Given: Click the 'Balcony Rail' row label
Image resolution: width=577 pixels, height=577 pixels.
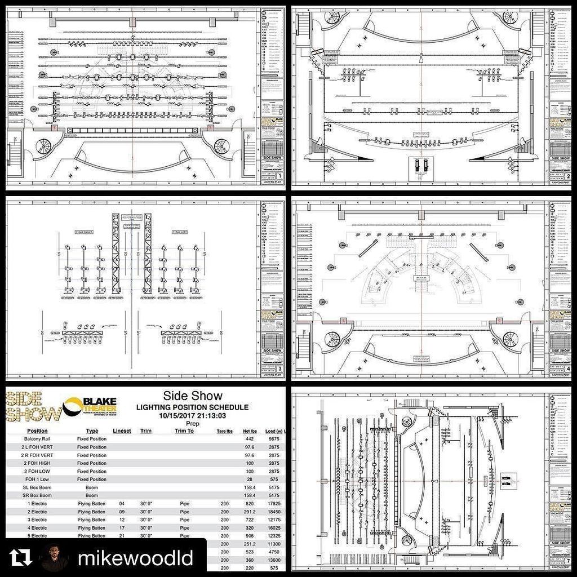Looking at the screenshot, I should point(37,439).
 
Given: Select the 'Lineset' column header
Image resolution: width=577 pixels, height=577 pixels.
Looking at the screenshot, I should point(122,431).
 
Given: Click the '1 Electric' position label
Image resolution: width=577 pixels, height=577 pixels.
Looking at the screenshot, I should point(37,503).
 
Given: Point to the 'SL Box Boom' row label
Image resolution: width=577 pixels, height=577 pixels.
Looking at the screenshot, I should point(37,487).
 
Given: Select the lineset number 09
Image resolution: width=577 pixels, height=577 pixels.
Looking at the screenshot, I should point(122,511).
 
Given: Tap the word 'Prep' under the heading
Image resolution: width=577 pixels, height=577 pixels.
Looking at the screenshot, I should point(193,423).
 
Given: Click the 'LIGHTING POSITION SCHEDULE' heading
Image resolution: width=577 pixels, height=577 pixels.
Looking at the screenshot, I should point(192,407).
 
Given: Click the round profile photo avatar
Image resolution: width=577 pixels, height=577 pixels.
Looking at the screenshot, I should point(55,558).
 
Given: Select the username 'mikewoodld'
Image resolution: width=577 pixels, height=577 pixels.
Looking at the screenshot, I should point(135,558).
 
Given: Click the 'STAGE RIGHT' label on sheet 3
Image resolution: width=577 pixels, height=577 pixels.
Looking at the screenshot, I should point(83,232).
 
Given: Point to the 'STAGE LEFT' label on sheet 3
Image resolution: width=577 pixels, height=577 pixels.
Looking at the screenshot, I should point(181,232).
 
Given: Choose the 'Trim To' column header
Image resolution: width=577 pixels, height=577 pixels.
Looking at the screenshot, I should point(184,431).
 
